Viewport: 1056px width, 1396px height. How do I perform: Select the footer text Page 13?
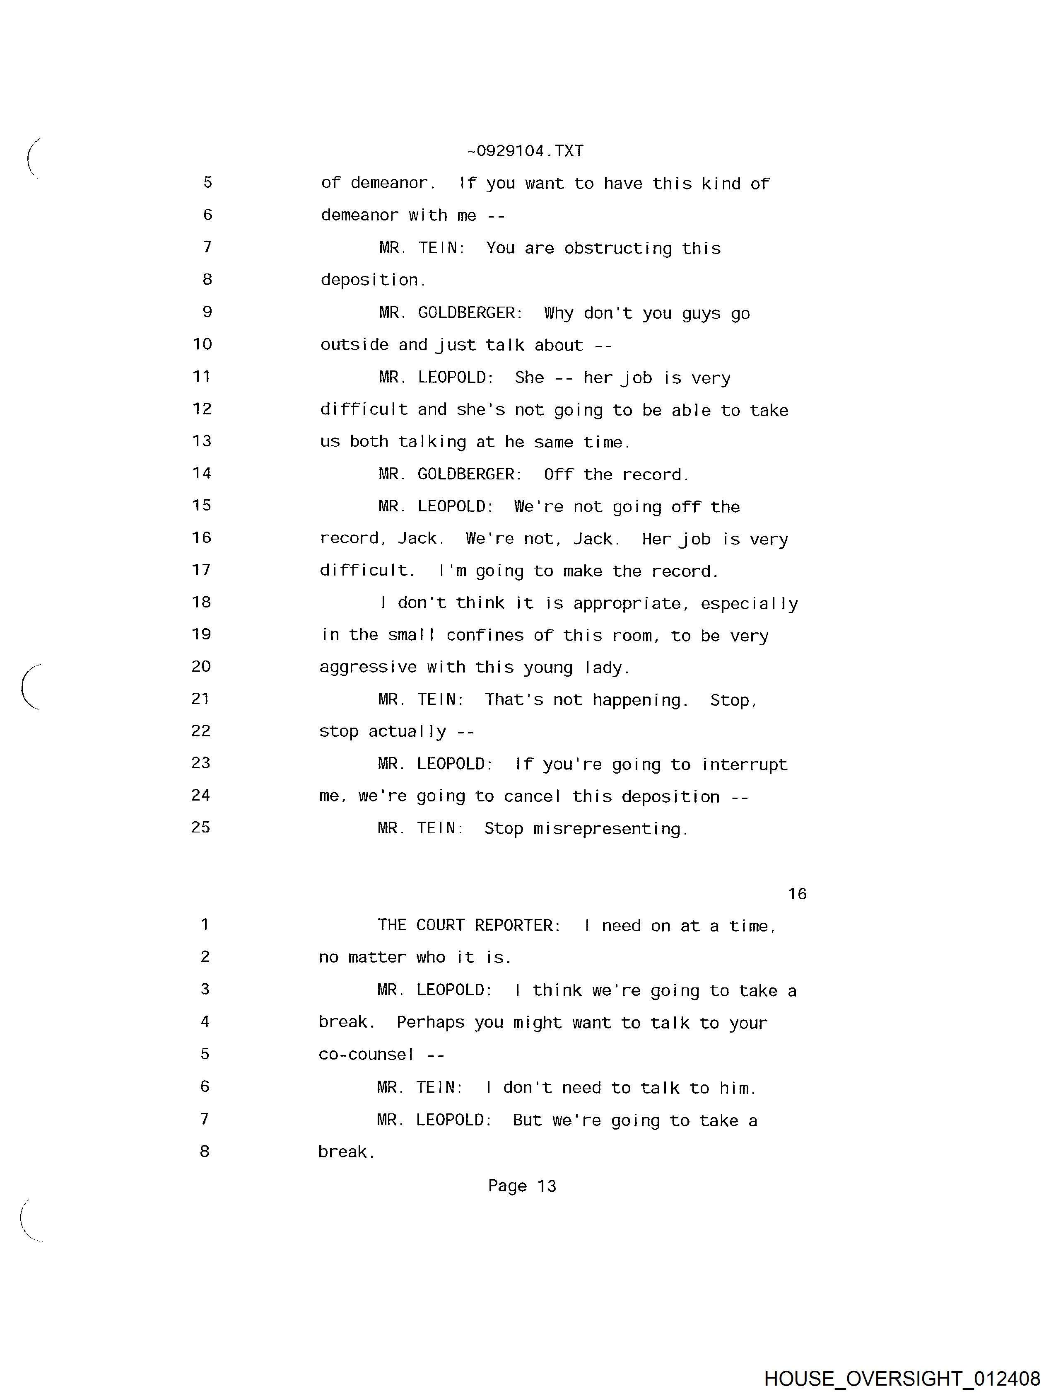[522, 1186]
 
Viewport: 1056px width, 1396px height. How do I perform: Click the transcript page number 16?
[797, 894]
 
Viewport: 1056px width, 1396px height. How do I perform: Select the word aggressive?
[368, 668]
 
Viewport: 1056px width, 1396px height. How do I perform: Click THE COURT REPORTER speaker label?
[469, 925]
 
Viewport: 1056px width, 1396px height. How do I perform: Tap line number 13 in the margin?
[202, 440]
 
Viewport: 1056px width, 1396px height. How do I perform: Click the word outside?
[354, 345]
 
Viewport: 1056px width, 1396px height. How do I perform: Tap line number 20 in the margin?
[201, 666]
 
